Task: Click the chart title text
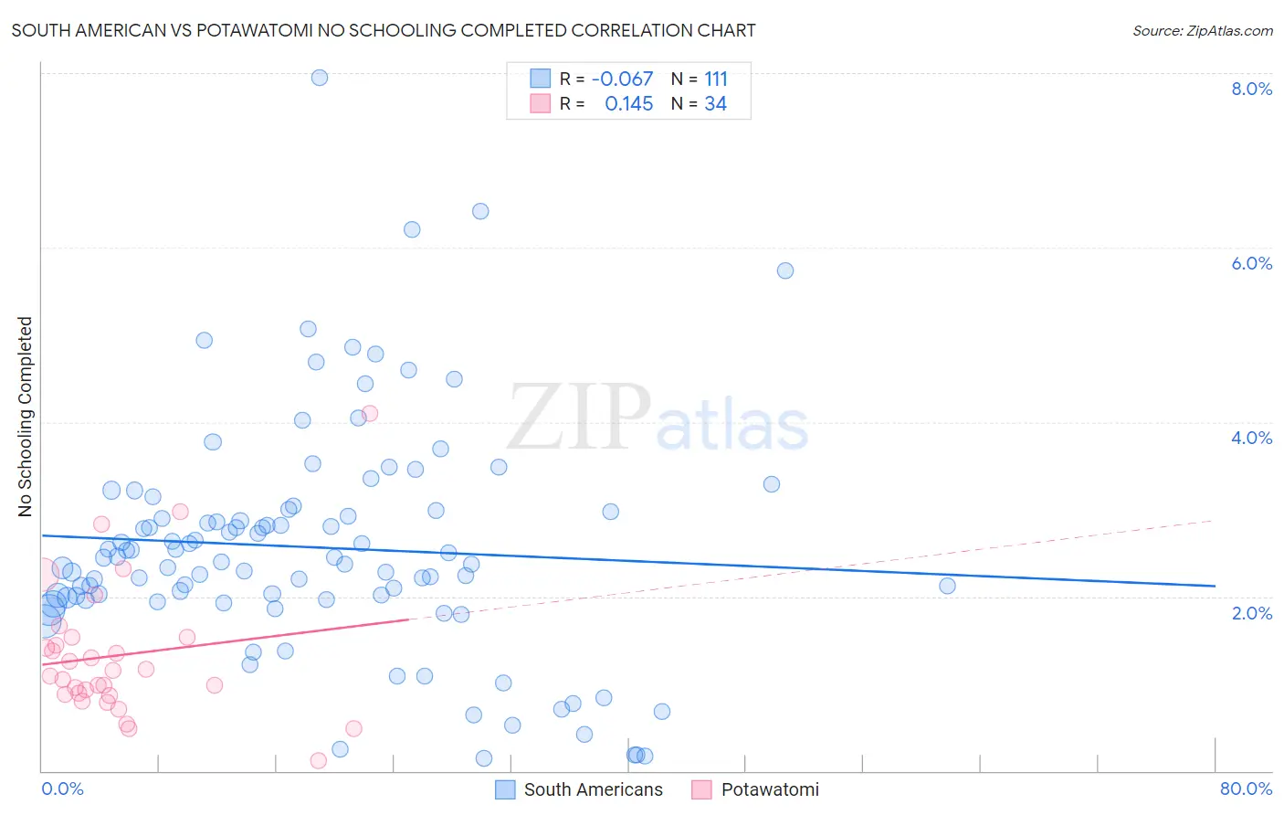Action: point(384,30)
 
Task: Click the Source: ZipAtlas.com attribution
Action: point(1202,30)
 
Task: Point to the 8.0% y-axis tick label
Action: point(1251,89)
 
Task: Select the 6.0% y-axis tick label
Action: point(1251,263)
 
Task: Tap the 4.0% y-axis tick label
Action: point(1251,438)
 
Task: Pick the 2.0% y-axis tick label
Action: point(1251,613)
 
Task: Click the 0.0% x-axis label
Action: point(62,789)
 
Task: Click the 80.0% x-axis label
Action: point(1246,789)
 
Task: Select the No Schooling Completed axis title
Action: point(25,417)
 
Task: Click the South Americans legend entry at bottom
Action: point(580,789)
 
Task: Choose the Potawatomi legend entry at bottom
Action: point(756,789)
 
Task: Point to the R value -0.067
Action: point(622,79)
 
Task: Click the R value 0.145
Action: point(628,104)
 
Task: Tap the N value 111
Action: point(716,79)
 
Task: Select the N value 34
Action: point(715,104)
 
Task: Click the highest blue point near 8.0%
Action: point(320,78)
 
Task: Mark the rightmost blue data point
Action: point(947,586)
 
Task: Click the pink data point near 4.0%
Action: point(370,414)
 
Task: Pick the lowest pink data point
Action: point(319,760)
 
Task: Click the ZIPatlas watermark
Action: point(658,418)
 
